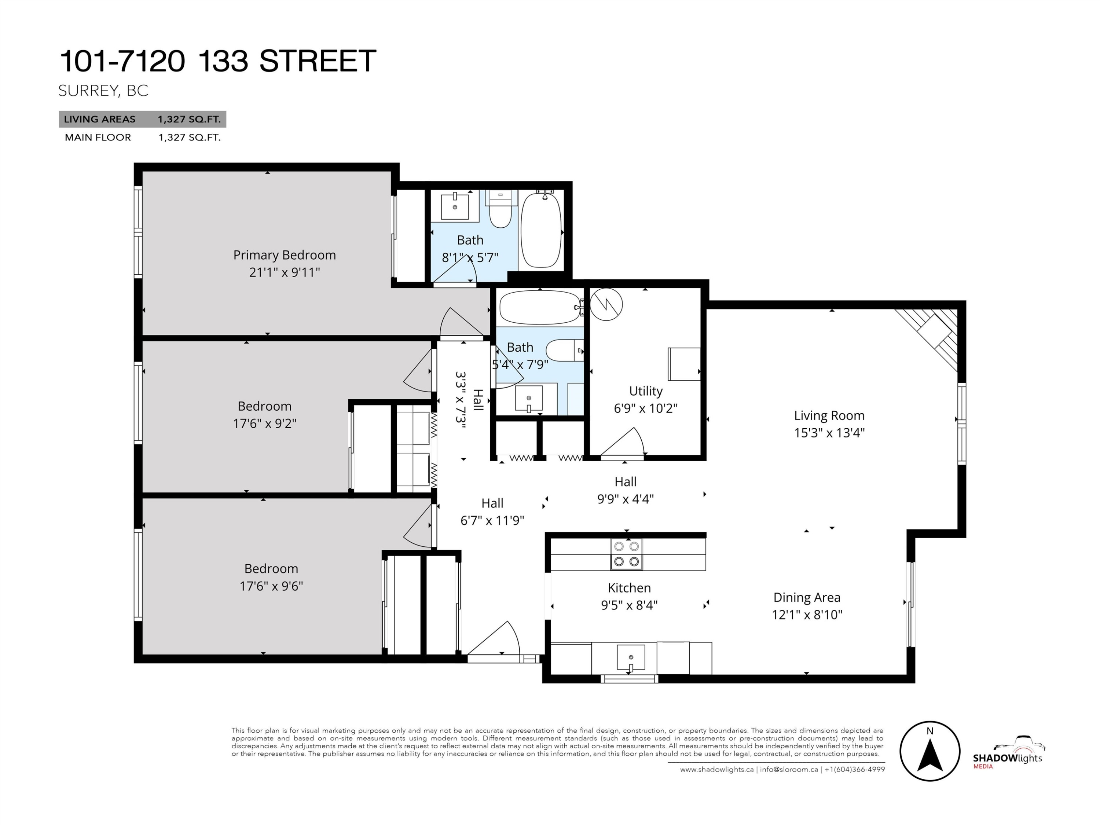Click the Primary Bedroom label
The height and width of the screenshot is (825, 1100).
(x=285, y=255)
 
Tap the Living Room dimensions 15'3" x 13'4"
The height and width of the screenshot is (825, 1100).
(x=829, y=433)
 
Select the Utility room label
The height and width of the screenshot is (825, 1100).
(x=645, y=391)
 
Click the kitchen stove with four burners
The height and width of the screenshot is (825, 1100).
(x=627, y=553)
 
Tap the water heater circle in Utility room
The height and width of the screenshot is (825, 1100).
(x=606, y=304)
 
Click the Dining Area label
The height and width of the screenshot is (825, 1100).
(x=807, y=597)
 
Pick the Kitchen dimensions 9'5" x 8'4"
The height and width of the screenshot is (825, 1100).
(x=629, y=605)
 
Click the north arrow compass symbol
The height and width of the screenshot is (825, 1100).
(x=929, y=751)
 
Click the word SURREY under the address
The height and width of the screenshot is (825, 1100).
(x=88, y=91)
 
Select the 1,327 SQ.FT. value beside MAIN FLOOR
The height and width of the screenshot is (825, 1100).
(x=190, y=138)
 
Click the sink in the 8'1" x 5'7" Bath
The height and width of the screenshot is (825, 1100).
(x=455, y=207)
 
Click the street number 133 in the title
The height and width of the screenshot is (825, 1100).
(x=223, y=61)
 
